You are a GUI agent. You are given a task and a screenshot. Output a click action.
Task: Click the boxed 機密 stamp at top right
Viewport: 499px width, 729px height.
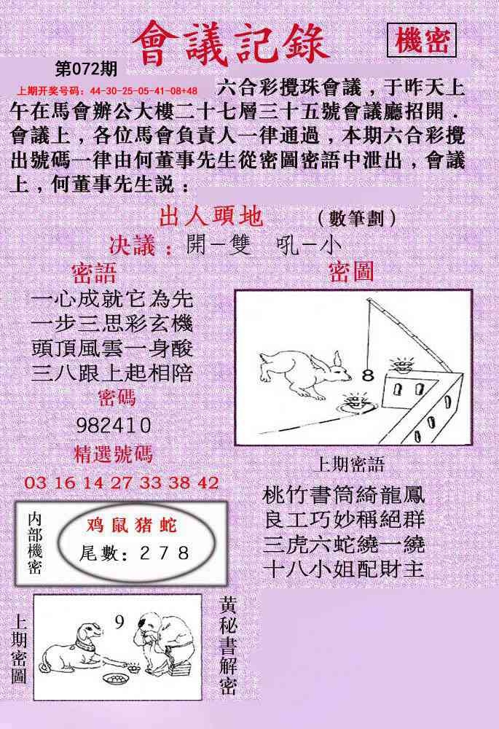(421, 40)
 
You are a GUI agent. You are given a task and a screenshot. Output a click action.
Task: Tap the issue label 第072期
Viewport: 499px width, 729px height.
(86, 69)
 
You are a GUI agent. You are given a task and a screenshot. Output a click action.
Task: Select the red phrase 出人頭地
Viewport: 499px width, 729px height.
(211, 217)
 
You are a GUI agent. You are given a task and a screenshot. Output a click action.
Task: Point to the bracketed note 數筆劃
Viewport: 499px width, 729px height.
(357, 218)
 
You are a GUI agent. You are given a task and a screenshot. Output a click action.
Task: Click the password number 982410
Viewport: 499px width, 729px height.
(114, 425)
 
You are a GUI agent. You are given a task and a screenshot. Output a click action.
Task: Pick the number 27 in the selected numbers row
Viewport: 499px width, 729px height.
(121, 482)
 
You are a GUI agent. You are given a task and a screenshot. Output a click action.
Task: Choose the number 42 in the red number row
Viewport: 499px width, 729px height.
(208, 482)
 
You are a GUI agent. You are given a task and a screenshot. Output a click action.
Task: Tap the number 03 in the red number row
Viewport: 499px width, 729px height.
(35, 482)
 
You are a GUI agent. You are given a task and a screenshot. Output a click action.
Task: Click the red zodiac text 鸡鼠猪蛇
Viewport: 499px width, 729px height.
(132, 525)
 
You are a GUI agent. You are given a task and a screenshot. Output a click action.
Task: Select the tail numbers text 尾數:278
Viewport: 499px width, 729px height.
(134, 553)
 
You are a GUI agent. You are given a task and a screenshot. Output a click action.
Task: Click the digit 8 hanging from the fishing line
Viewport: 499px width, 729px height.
(368, 375)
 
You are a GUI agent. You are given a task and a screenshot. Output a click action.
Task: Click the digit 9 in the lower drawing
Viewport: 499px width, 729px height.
(119, 622)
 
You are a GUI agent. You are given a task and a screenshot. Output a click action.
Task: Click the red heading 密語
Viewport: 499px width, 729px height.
(94, 273)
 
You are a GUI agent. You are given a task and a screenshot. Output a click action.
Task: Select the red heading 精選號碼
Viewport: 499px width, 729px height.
(114, 453)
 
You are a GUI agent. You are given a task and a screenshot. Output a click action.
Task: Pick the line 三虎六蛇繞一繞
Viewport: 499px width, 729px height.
(344, 544)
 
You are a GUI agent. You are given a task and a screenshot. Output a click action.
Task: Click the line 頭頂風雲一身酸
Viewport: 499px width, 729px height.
(112, 348)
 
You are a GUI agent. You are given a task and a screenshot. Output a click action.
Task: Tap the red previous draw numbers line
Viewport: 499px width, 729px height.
(107, 91)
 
